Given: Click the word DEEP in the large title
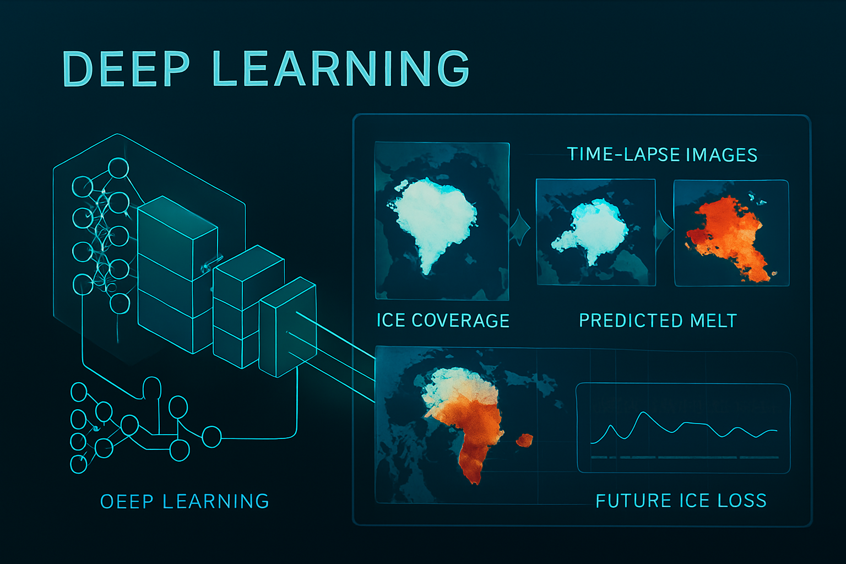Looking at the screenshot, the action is (126, 68).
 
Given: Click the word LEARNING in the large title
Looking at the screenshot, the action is (341, 68).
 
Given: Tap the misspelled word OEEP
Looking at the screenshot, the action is (127, 501).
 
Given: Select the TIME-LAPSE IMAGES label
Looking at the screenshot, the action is (662, 155).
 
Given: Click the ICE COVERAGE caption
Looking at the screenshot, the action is (443, 321).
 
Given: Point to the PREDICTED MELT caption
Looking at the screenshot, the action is (658, 321).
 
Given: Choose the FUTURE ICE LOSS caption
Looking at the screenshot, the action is (681, 501).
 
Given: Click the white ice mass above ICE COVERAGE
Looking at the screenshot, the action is (435, 219).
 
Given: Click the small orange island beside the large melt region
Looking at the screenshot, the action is (524, 441).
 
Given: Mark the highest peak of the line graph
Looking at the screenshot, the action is (643, 412).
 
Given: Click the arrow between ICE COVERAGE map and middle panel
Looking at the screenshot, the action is (520, 228).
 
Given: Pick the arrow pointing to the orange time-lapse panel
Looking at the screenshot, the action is (665, 229).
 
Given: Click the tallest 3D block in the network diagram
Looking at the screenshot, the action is (177, 275).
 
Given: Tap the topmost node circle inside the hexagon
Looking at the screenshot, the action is (118, 168).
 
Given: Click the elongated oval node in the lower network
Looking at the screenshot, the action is (152, 388).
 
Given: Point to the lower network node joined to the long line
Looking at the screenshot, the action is (211, 437).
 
